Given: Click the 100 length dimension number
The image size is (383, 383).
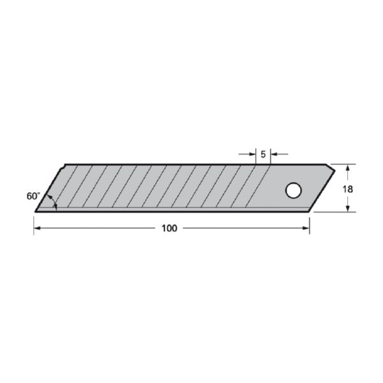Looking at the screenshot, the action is click(x=169, y=229).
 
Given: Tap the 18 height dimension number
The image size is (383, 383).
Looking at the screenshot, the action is click(x=348, y=190).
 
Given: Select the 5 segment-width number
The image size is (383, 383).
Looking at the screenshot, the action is click(x=263, y=154).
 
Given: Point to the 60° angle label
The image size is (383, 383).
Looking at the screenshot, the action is click(x=33, y=196).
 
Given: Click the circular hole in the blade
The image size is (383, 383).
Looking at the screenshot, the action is click(x=294, y=190).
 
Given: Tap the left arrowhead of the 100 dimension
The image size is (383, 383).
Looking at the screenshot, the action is click(x=37, y=228).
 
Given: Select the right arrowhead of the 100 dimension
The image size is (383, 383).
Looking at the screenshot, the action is click(x=306, y=228).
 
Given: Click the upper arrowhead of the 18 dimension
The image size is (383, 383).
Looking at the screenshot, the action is click(x=348, y=168).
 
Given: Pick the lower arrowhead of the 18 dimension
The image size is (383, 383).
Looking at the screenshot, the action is click(x=348, y=208).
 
